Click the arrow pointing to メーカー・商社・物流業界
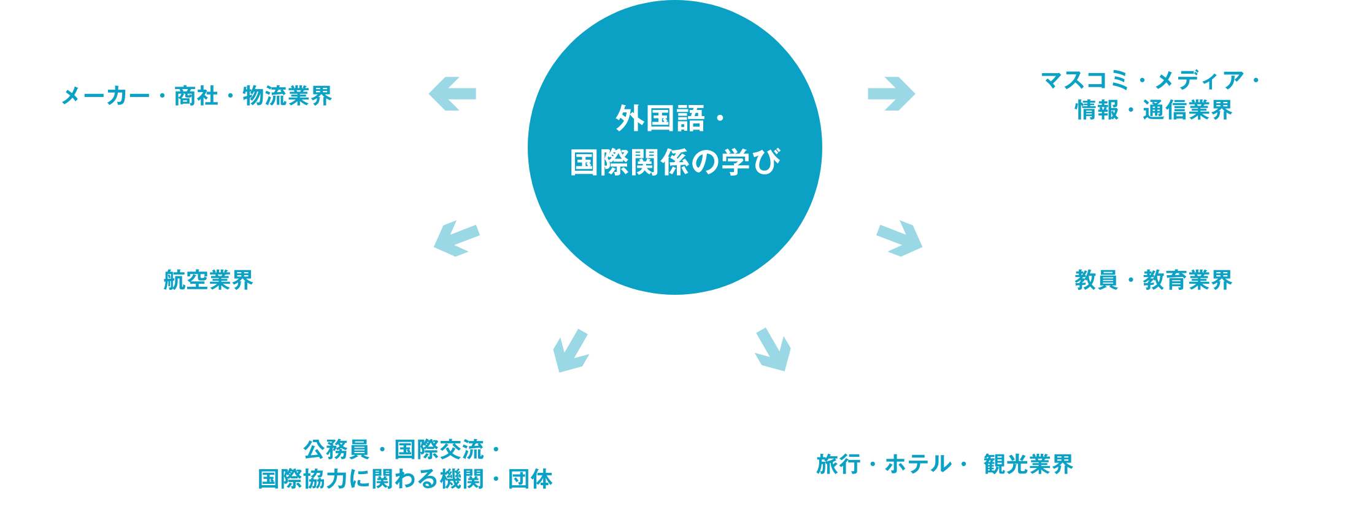(452, 94)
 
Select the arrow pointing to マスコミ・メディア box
(891, 94)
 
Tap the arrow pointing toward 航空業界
(457, 238)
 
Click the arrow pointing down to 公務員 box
(571, 351)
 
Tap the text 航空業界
(209, 280)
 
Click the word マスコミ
(1086, 80)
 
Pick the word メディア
(1200, 80)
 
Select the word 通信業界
(1187, 111)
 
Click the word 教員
(1097, 280)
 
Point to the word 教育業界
(1187, 280)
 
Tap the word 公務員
(336, 450)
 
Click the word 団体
(530, 479)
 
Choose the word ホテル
(918, 464)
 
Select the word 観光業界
(1028, 464)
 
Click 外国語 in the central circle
(660, 119)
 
